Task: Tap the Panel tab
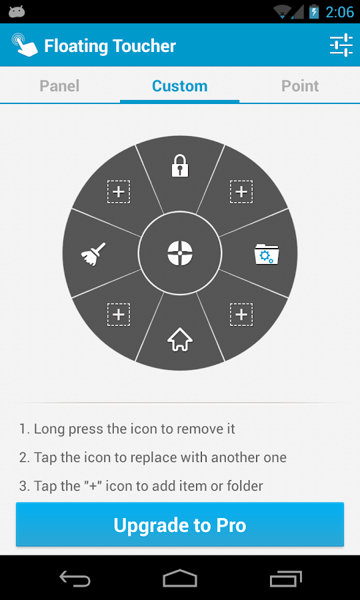pyautogui.click(x=60, y=86)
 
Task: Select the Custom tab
pyautogui.click(x=180, y=86)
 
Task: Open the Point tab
pyautogui.click(x=300, y=86)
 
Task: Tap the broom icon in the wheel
pyautogui.click(x=93, y=254)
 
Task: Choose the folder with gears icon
pyautogui.click(x=267, y=254)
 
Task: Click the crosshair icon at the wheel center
pyautogui.click(x=180, y=253)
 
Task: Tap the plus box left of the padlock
pyautogui.click(x=119, y=192)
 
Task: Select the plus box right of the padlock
pyautogui.click(x=241, y=192)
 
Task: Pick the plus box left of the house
pyautogui.click(x=119, y=315)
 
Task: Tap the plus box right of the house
pyautogui.click(x=241, y=315)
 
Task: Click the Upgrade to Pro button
pyautogui.click(x=180, y=525)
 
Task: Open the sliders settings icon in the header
pyautogui.click(x=341, y=45)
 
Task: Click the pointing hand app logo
pyautogui.click(x=25, y=45)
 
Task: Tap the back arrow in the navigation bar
pyautogui.click(x=75, y=579)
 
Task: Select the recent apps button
pyautogui.click(x=286, y=579)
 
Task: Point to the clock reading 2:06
pyautogui.click(x=340, y=12)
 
